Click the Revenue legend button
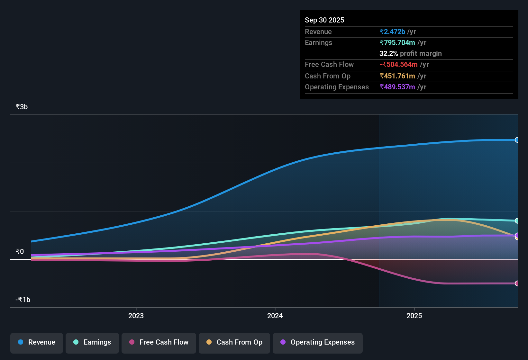(x=37, y=342)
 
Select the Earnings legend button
(x=92, y=342)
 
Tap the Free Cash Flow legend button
(x=159, y=342)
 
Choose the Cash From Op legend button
(x=234, y=342)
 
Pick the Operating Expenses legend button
(x=318, y=342)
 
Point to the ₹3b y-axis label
(x=22, y=107)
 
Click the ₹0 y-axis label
(x=20, y=252)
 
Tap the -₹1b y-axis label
(x=23, y=300)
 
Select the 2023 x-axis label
(x=136, y=316)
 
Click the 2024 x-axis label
(x=275, y=316)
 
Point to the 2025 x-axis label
(x=414, y=316)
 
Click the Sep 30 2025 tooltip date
(x=324, y=20)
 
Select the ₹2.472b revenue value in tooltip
(x=392, y=32)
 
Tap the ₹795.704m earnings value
(x=397, y=43)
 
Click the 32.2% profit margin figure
(x=388, y=54)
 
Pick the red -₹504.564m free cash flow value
(x=398, y=65)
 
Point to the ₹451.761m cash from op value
(x=397, y=76)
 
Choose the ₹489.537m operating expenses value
(x=397, y=87)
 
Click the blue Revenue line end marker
(x=517, y=140)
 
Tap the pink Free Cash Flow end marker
(x=517, y=283)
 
